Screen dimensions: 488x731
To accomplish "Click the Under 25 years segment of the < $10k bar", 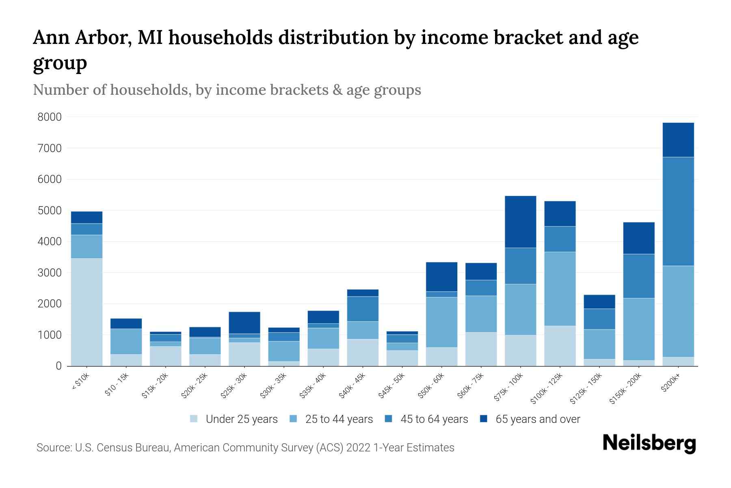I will [87, 312].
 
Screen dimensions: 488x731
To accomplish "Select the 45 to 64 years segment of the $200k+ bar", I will [678, 211].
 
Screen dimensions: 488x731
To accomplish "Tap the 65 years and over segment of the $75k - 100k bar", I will [520, 222].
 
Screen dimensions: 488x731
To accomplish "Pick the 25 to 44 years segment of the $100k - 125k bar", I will [560, 289].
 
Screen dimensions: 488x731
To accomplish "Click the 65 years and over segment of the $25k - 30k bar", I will [244, 322].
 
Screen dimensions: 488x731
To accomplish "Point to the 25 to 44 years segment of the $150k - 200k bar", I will [638, 329].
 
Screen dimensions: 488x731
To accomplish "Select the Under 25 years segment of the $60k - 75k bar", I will [481, 349].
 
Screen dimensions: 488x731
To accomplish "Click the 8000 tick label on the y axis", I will [50, 117].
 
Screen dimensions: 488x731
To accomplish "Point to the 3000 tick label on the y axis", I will [50, 273].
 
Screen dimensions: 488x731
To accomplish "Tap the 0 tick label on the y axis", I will [58, 366].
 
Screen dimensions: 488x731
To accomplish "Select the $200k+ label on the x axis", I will [670, 383].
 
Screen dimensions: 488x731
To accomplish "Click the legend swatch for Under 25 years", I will [194, 419].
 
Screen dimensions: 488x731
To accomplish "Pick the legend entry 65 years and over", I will [538, 419].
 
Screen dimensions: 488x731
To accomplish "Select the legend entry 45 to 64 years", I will [434, 419].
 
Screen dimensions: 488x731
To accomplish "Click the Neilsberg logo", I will [649, 443].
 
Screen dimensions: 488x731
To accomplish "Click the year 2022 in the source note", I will [359, 448].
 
